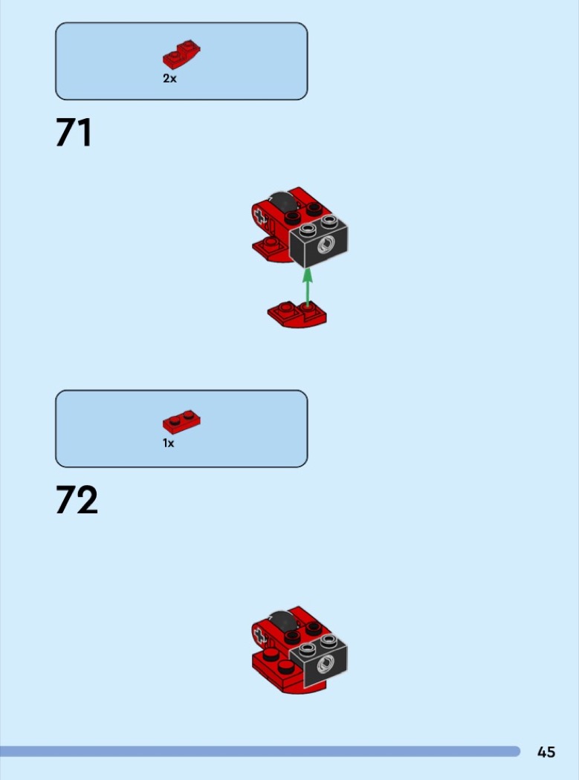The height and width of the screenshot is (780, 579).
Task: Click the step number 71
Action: (x=74, y=132)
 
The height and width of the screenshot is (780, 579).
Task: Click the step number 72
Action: (x=77, y=500)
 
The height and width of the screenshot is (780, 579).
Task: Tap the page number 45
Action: (x=546, y=752)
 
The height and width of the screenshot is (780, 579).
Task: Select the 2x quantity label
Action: (x=169, y=78)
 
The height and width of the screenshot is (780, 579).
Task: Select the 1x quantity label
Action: (x=169, y=443)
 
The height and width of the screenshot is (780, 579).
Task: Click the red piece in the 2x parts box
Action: (x=181, y=55)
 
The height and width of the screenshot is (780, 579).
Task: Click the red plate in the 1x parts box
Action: (x=181, y=423)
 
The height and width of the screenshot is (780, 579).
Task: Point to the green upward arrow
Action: (x=308, y=287)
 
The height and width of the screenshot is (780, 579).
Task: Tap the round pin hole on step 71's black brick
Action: (x=326, y=244)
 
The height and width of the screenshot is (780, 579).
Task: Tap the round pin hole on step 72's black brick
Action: (x=326, y=663)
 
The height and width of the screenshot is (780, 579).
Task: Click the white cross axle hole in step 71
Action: (x=259, y=216)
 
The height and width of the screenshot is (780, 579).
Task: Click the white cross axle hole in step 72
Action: (x=259, y=635)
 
